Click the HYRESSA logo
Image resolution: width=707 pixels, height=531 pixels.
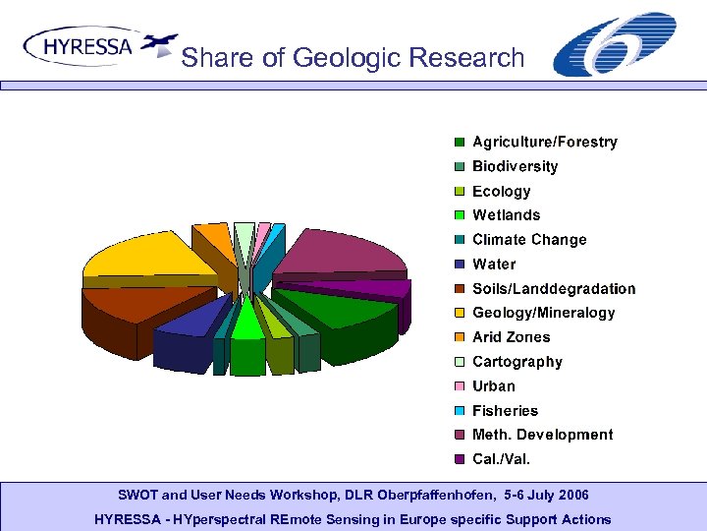coord(98,46)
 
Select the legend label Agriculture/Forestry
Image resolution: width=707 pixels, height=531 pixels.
coord(544,143)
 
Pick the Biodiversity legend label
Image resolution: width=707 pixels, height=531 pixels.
coord(515,167)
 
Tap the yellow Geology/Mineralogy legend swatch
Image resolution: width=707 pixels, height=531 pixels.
coord(459,314)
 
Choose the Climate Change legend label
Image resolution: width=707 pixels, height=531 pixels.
coord(528,240)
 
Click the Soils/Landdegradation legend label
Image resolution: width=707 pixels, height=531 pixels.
coord(554,289)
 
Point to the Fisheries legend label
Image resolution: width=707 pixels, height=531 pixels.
coord(505,411)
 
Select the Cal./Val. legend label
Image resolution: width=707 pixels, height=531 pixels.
coord(501,459)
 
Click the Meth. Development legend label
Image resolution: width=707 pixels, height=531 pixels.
coord(542,435)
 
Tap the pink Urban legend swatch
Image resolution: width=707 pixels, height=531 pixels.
coord(459,386)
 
